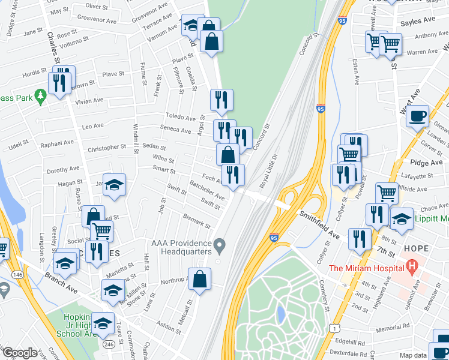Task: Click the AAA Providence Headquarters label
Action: click(x=181, y=247)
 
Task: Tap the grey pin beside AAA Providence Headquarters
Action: click(x=220, y=245)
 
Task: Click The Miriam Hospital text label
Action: click(x=367, y=265)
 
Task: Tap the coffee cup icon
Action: click(x=417, y=115)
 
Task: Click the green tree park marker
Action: click(x=40, y=97)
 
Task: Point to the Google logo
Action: click(x=20, y=353)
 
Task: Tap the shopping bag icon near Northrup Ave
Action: click(x=200, y=278)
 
